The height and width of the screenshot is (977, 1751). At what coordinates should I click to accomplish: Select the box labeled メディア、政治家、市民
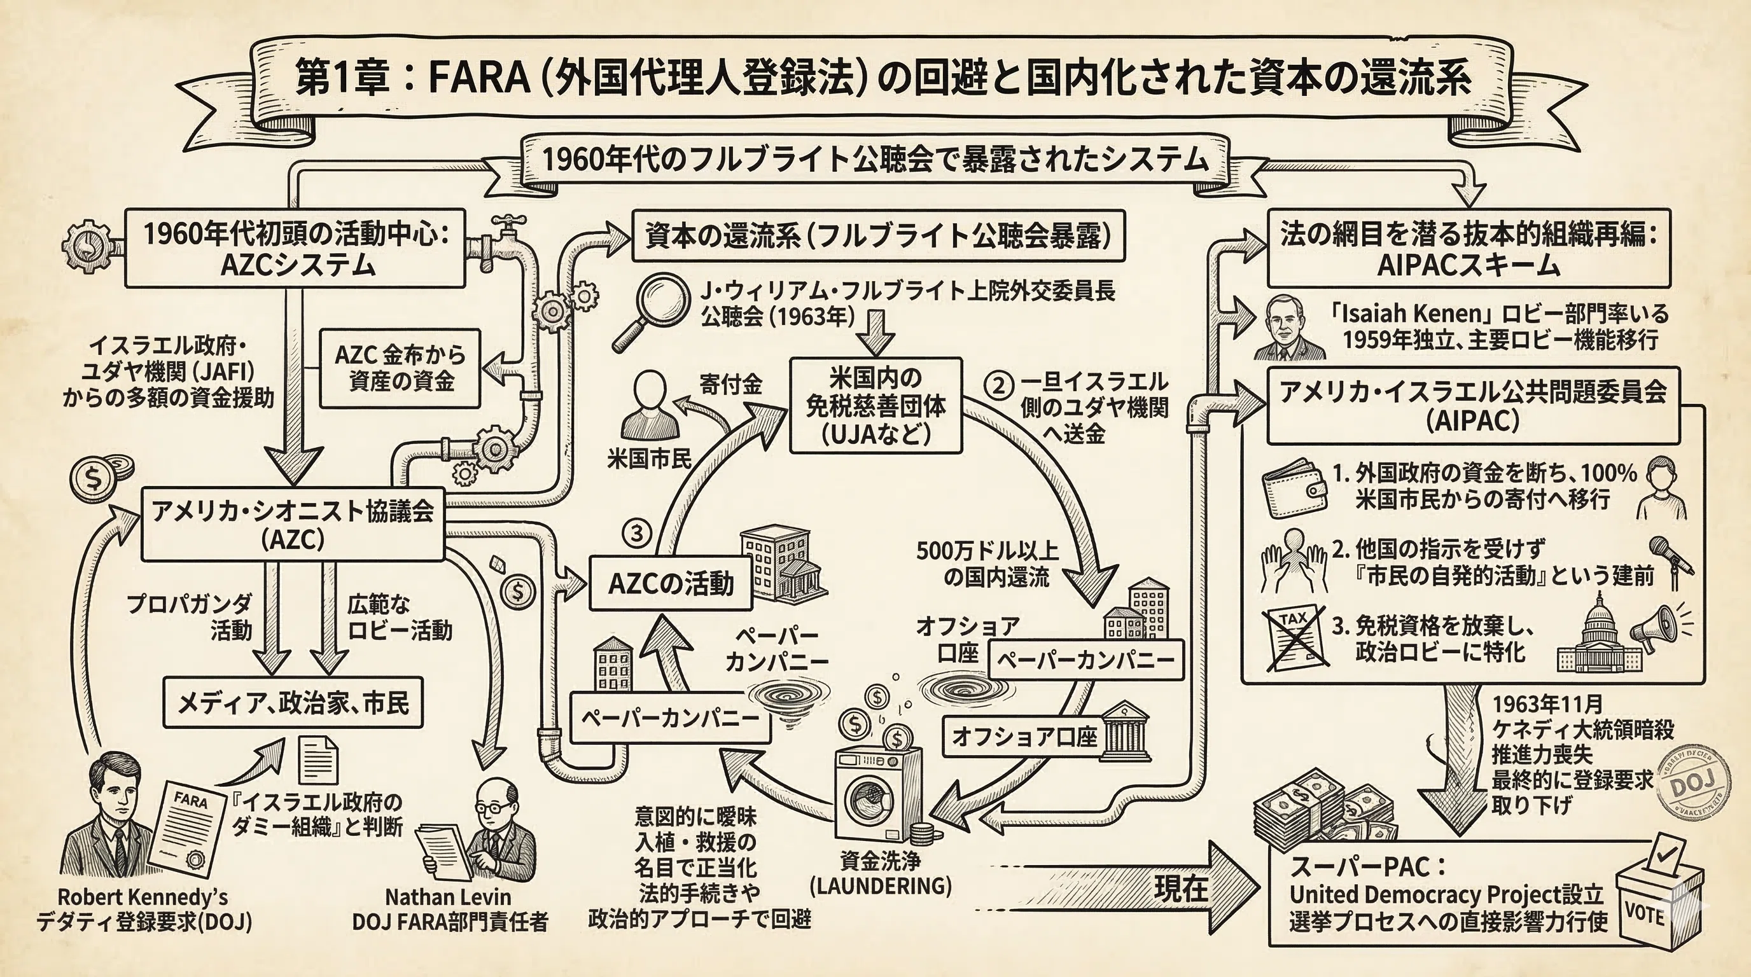point(293,702)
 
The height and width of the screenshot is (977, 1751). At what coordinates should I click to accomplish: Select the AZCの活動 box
point(671,583)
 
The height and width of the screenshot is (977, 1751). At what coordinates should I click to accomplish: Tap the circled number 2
point(998,385)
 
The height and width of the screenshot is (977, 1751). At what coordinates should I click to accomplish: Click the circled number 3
point(636,533)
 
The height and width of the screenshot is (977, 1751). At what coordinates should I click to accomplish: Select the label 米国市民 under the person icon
point(649,459)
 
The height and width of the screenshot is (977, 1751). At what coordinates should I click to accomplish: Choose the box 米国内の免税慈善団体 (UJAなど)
point(875,406)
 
